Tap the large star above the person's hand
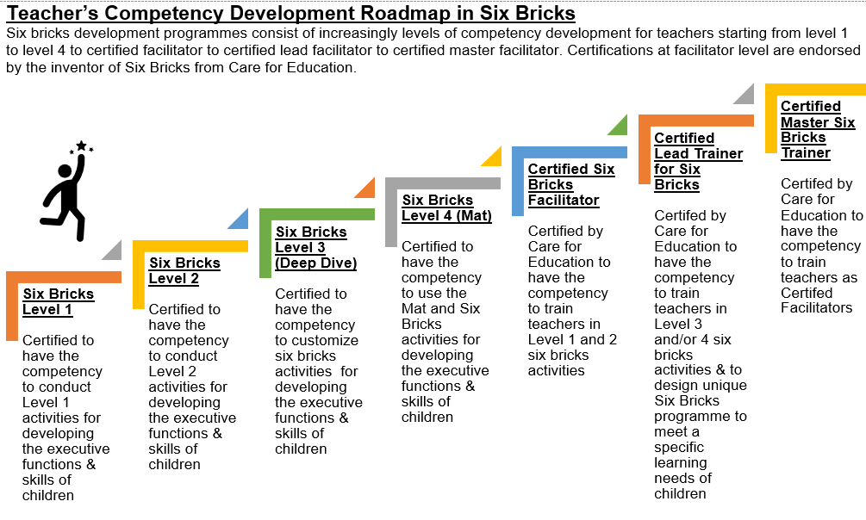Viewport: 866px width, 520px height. [x=81, y=145]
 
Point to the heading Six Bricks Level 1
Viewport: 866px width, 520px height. [x=58, y=301]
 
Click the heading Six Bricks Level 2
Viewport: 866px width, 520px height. [x=184, y=270]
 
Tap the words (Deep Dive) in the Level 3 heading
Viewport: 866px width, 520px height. [x=316, y=263]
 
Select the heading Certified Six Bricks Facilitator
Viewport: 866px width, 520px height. [x=571, y=184]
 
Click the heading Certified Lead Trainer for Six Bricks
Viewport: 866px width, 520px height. [x=698, y=161]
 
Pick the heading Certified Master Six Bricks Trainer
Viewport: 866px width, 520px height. [x=818, y=130]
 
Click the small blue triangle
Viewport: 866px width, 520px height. [x=238, y=219]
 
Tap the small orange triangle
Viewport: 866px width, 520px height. [x=364, y=188]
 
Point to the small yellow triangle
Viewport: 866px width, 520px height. [x=491, y=156]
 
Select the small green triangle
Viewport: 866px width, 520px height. [x=618, y=125]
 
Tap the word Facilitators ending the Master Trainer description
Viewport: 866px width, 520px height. [x=816, y=307]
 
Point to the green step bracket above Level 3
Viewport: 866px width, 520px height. [x=316, y=214]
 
